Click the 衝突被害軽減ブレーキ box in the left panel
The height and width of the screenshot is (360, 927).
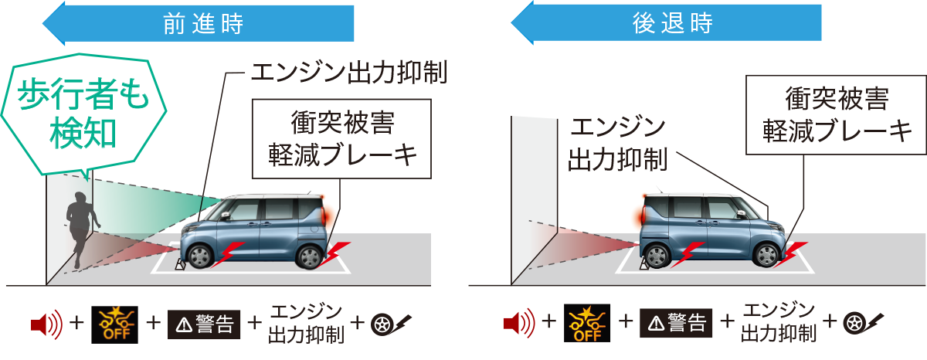[x=342, y=139]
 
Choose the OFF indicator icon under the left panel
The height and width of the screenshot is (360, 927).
[x=114, y=325]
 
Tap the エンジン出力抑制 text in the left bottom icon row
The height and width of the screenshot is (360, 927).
[x=305, y=325]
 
